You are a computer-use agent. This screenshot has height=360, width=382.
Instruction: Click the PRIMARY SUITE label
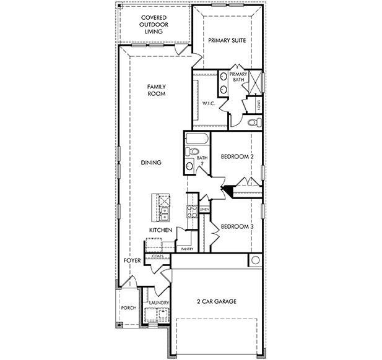point(227,41)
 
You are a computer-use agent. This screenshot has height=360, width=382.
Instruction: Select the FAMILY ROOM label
point(156,90)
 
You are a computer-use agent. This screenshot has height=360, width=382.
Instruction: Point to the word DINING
point(151,163)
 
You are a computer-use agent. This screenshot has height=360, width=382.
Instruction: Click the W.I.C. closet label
point(209,104)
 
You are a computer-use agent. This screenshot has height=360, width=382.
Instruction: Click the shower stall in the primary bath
point(256,82)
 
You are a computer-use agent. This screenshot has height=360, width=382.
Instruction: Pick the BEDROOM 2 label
point(238,157)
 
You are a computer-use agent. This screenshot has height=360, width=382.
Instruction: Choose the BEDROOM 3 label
point(237,226)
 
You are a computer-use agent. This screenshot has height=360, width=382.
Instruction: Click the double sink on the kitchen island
point(165,215)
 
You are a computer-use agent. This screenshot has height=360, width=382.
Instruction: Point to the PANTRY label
point(186,249)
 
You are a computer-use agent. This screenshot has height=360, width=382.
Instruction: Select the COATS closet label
point(157,255)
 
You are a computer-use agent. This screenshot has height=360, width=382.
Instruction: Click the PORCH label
point(128,307)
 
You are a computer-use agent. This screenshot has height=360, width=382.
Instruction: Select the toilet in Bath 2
point(194,151)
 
